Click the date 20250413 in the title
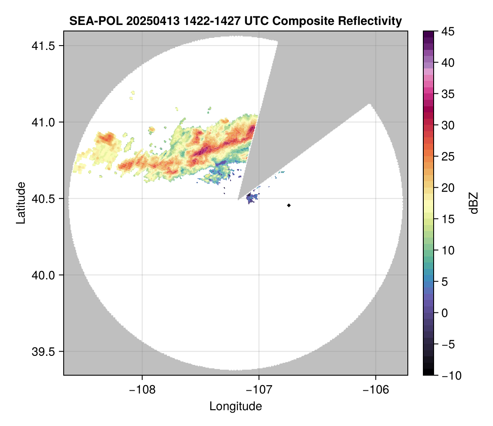tap(143, 21)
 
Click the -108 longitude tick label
tap(142, 389)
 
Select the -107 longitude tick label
tap(259, 389)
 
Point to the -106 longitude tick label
tap(376, 389)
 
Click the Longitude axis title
tap(235, 406)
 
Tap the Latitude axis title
tap(20, 203)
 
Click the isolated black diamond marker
tap(289, 205)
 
